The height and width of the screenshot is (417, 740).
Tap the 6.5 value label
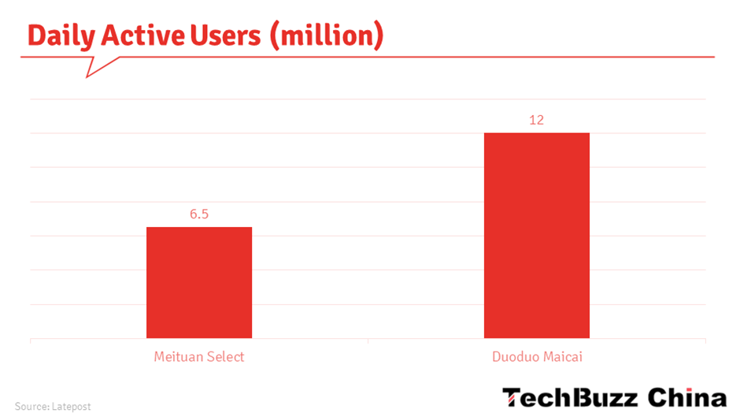coord(199,214)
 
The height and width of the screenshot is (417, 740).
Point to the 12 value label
coord(536,120)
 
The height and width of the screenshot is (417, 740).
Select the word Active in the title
coord(143,35)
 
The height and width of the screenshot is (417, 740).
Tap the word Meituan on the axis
coord(177,356)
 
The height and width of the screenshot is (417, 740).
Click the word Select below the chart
coord(224,356)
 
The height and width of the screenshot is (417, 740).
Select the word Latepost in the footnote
coord(72,407)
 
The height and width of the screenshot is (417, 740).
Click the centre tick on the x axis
coord(368,341)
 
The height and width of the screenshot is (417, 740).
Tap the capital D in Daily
coord(36,35)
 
